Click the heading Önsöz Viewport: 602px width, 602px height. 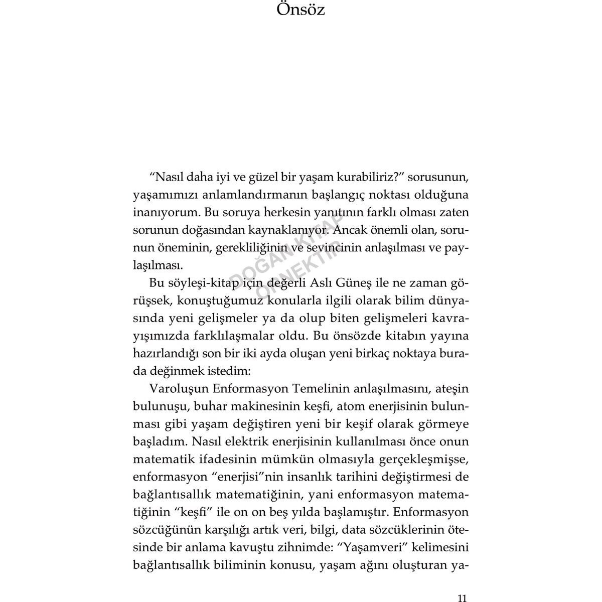pos(301,10)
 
